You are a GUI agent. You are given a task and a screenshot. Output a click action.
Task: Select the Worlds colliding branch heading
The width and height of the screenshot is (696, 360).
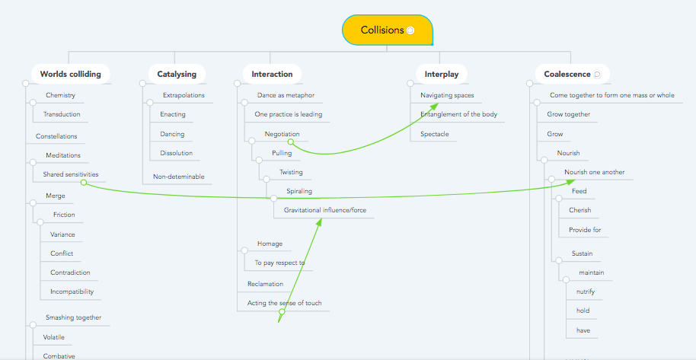point(70,75)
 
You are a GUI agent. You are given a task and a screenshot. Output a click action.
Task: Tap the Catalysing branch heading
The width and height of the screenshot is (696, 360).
point(176,75)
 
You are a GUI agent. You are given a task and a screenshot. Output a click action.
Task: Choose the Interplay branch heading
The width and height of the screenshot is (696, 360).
point(442,75)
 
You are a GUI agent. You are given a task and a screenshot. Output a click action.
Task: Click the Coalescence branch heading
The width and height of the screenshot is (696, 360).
point(567,75)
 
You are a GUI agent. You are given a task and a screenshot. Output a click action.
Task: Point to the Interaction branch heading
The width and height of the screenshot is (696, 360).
point(272,75)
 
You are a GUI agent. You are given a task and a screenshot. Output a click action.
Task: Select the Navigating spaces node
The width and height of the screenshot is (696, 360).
point(447,96)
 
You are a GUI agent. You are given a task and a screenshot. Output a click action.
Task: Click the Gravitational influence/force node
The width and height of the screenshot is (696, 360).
point(325,210)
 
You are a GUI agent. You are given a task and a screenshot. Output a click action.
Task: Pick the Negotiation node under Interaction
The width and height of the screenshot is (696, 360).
point(282,134)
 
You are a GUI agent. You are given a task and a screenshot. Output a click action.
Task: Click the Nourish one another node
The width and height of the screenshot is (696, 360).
point(594,172)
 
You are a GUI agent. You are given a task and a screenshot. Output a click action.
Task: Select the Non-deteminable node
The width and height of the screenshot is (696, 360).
point(178,177)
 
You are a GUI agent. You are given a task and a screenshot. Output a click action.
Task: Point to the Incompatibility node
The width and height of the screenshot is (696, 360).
point(71,292)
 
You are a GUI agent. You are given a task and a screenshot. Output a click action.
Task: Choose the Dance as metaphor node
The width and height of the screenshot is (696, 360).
point(286,96)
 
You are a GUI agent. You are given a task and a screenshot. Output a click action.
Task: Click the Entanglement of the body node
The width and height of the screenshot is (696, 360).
point(458,115)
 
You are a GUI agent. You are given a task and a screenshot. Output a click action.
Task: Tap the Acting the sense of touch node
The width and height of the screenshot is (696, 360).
point(284,303)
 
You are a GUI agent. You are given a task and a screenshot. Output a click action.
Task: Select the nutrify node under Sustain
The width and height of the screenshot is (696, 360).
point(585,292)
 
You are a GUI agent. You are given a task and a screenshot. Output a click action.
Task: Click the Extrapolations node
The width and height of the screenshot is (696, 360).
point(184,96)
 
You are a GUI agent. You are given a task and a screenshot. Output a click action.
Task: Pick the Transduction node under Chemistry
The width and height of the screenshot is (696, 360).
point(62,115)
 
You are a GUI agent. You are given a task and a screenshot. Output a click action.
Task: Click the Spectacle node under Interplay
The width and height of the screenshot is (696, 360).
point(434,134)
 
